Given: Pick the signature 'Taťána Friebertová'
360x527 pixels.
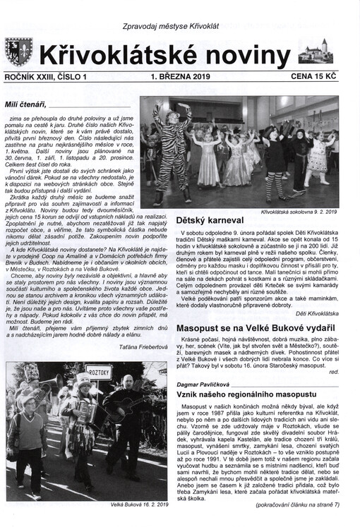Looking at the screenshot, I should click(x=139, y=348).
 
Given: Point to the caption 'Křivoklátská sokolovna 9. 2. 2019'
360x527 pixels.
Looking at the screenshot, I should click(x=299, y=211).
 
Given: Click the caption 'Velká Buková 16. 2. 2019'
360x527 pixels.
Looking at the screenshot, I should click(x=138, y=505).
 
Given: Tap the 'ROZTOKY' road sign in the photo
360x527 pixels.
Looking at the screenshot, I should click(x=99, y=372).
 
